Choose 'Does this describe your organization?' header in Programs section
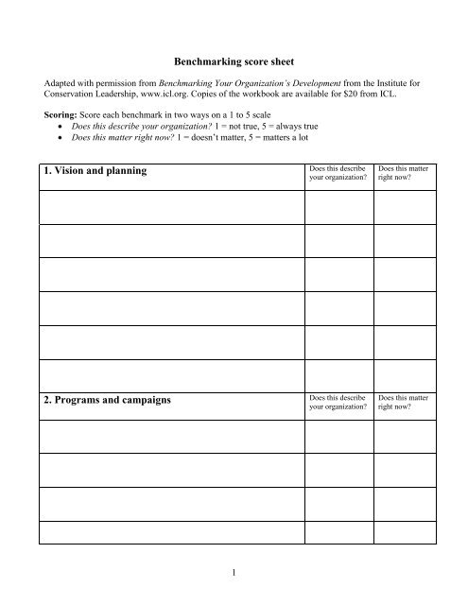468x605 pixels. click(x=337, y=401)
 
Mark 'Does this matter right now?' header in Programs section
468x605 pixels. click(x=404, y=401)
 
